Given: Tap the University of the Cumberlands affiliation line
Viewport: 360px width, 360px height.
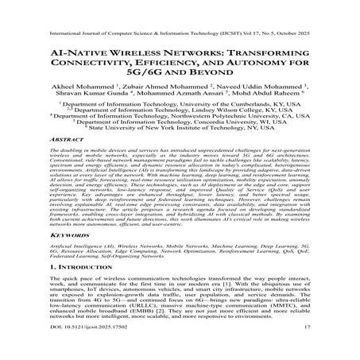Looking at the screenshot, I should (180, 104).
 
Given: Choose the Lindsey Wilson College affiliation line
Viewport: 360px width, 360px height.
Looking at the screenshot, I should (180, 110).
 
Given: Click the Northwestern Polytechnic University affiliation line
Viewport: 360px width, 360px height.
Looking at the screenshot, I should (180, 117).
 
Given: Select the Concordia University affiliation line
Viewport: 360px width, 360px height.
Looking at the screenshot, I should (180, 123).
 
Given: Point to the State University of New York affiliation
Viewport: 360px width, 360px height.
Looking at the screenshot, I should (180, 130).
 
